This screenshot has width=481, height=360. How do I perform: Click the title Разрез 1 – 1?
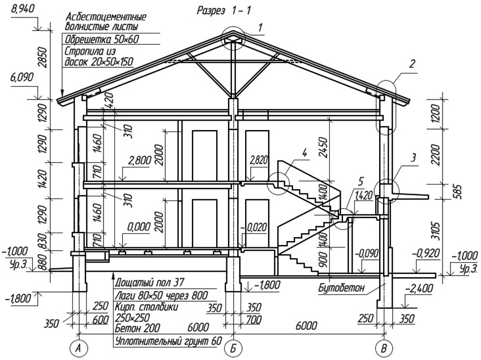pos(223,10)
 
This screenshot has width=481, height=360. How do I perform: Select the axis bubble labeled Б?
pos(232,348)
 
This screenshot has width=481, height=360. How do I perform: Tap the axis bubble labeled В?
pos(385,348)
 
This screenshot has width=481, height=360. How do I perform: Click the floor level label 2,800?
pos(140,161)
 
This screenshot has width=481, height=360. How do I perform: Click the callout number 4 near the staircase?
pos(304,152)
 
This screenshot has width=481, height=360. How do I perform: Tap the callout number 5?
pos(360,182)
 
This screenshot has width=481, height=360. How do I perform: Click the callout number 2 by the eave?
pos(413,63)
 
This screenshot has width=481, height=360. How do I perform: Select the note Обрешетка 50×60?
pos(102,39)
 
